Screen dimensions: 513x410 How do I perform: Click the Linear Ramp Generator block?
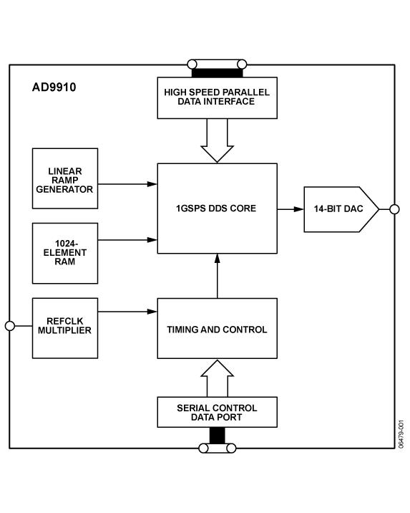65,178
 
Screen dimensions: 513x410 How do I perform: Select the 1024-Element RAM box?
65,253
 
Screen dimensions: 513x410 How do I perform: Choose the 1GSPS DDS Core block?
217,208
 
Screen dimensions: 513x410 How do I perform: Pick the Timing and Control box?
217,330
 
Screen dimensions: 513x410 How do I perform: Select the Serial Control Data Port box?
217,412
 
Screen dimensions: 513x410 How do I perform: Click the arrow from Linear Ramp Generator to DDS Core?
127,184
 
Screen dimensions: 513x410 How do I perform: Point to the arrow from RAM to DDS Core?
127,240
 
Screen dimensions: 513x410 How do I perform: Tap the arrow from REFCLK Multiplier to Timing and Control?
127,312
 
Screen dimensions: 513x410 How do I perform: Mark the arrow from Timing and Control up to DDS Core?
218,276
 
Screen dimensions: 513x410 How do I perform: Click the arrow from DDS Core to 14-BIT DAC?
290,209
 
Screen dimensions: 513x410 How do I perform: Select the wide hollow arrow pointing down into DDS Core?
218,141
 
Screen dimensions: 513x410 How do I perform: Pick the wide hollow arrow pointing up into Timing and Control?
218,378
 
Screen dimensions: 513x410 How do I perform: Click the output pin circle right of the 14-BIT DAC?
394,209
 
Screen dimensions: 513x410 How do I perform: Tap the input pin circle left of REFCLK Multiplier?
10,326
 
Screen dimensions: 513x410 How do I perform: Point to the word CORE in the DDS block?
243,208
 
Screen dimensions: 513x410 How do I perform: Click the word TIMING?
183,330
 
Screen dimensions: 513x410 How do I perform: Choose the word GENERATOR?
65,190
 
